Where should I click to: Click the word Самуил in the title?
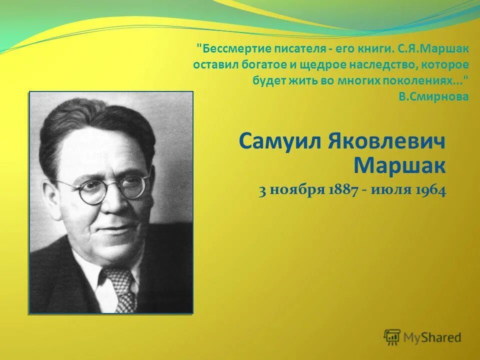click(280, 141)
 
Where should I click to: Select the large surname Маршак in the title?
click(399, 164)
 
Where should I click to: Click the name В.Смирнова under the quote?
click(433, 97)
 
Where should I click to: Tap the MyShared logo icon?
click(392, 336)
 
